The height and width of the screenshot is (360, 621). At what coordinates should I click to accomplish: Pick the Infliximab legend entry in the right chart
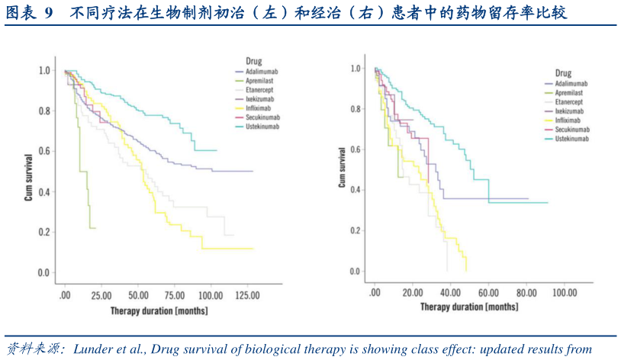tap(570, 120)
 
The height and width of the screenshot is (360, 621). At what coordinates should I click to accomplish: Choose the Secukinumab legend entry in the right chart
tap(573, 130)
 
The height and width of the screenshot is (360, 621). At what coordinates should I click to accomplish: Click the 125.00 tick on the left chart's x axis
tap(248, 295)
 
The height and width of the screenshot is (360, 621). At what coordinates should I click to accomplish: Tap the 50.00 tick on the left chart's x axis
tap(138, 295)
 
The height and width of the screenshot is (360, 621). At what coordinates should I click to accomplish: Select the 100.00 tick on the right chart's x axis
tap(565, 293)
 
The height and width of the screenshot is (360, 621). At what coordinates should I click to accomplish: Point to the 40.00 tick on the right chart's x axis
tap(450, 293)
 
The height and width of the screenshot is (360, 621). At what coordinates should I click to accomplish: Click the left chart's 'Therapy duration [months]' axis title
tap(159, 310)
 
